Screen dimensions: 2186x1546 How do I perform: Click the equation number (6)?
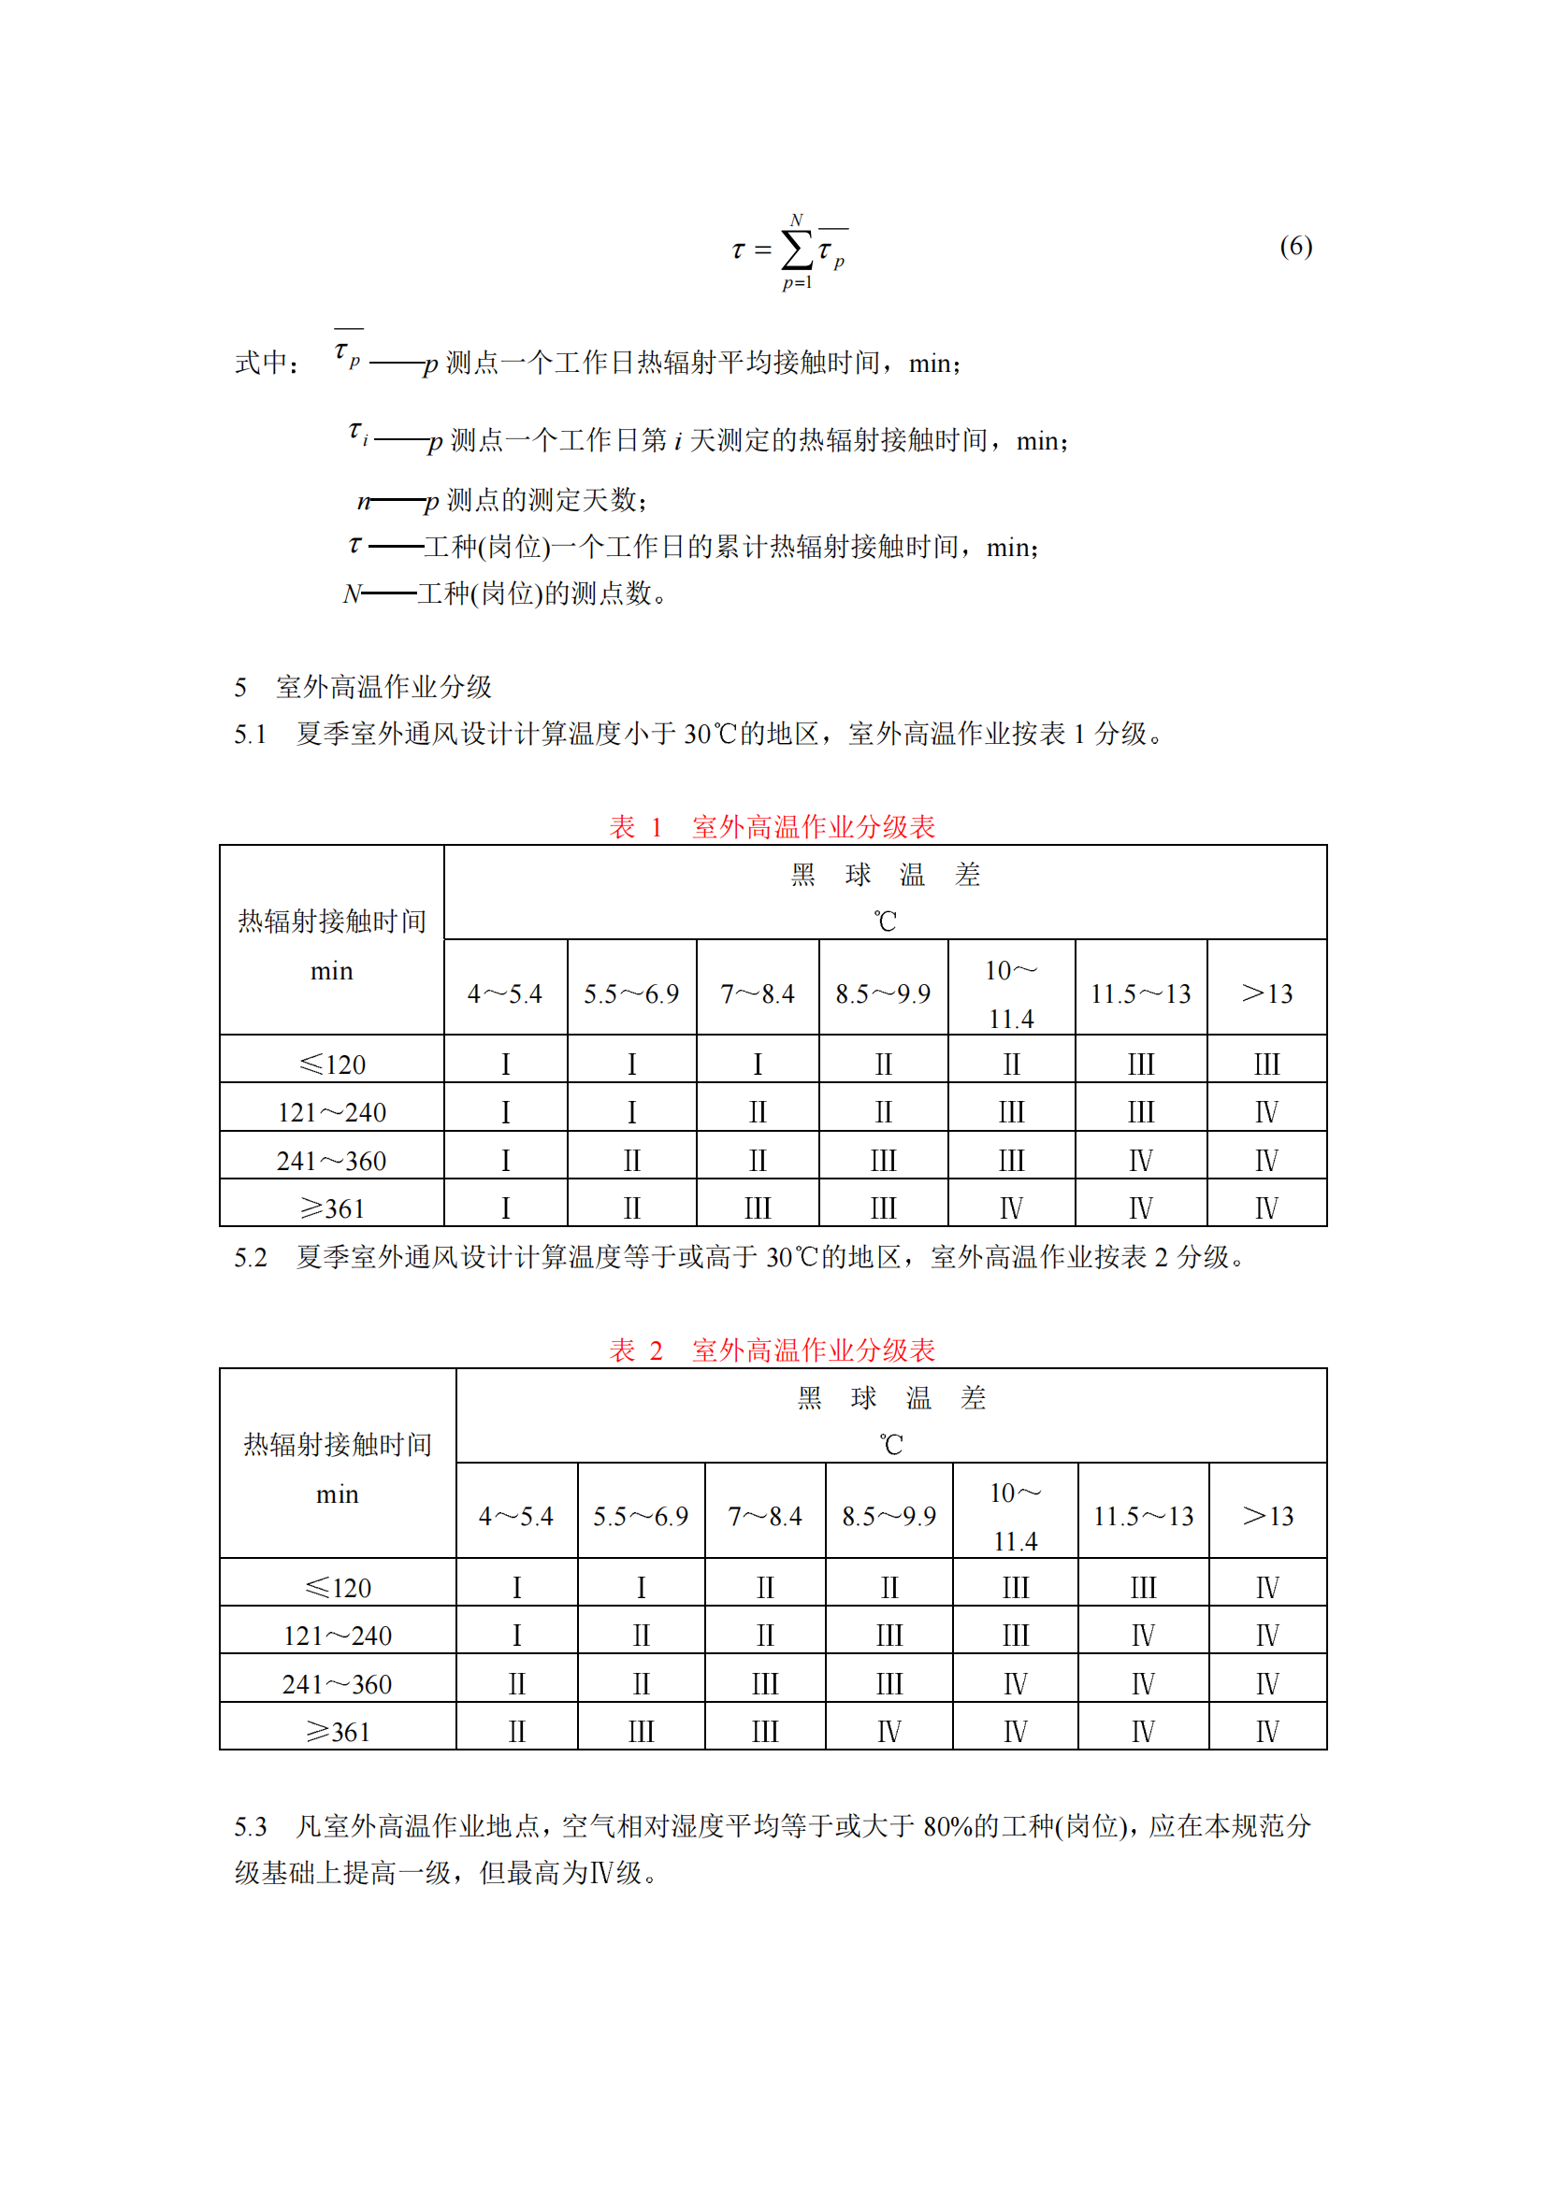1294,247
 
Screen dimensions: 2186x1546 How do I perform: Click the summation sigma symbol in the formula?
796,250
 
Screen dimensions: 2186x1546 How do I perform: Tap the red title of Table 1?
772,826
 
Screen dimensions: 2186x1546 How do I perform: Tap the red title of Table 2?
772,1350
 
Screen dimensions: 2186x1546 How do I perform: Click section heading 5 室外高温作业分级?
363,687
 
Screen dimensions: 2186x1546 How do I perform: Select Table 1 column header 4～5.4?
505,994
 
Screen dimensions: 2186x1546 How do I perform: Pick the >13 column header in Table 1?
1266,994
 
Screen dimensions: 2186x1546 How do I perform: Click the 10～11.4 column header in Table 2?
1015,1516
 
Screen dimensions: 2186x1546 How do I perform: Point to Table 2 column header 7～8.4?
765,1516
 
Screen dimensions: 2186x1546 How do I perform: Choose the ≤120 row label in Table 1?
331,1064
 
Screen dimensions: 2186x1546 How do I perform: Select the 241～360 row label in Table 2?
338,1683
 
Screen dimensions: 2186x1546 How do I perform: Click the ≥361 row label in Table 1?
331,1208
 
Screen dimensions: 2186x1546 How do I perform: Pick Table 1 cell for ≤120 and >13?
1266,1064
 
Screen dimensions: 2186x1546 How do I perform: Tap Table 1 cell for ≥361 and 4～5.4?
505,1208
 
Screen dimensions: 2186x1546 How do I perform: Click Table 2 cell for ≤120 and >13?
1267,1587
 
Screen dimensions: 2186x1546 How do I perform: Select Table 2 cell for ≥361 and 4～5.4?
516,1731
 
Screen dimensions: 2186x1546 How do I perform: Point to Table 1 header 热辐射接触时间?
331,922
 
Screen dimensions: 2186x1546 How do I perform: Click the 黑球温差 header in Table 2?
890,1397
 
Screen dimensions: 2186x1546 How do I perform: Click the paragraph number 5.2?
251,1257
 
